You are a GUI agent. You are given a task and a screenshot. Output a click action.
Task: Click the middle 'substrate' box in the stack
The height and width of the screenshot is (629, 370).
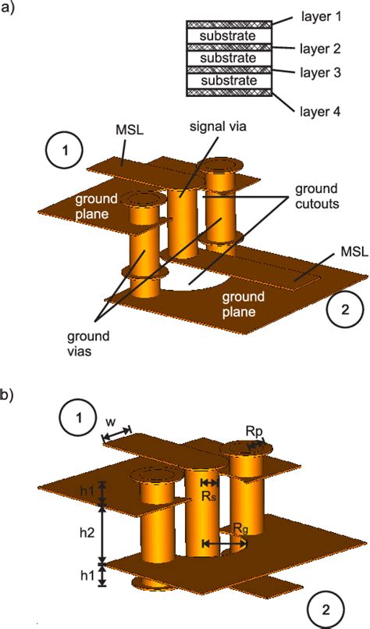(228, 59)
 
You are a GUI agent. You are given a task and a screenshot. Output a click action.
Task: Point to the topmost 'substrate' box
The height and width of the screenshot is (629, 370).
(228, 36)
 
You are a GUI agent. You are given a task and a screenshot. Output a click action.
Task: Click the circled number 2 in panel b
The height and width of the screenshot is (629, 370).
(328, 608)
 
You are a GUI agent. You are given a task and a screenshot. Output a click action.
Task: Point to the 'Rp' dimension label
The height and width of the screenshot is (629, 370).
(254, 431)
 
